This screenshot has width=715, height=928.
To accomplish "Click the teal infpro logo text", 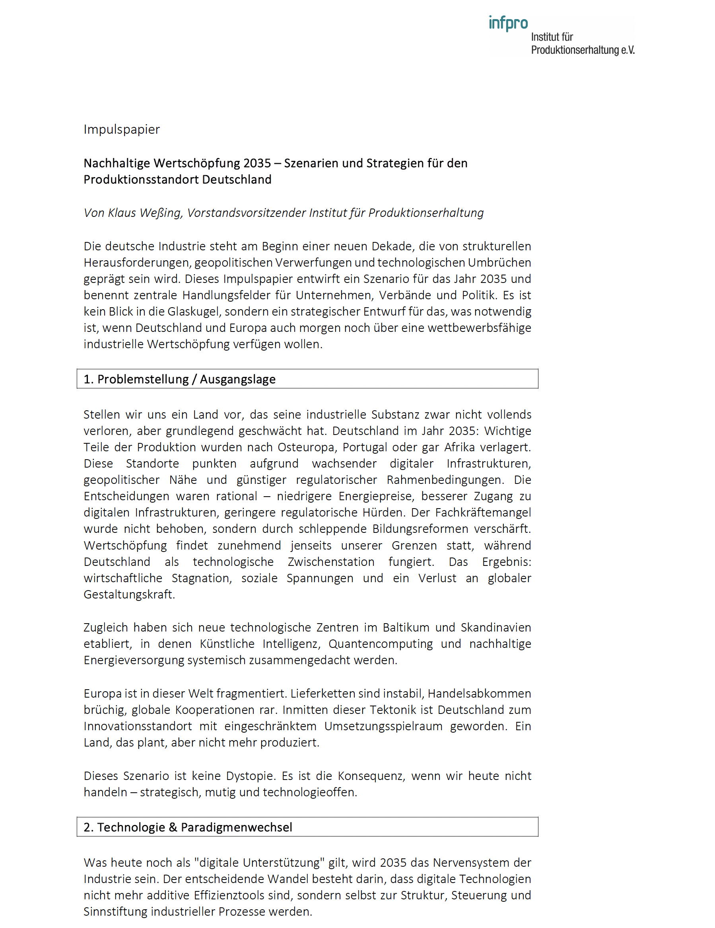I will [508, 23].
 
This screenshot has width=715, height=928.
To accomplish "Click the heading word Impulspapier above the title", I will [121, 129].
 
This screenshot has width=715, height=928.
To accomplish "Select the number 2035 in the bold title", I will [257, 163].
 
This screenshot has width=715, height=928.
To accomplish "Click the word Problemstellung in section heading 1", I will [143, 379].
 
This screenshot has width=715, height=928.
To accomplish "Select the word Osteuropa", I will [305, 447].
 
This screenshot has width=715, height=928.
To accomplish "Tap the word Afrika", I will [459, 447].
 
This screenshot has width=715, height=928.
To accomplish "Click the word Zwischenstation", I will [331, 562].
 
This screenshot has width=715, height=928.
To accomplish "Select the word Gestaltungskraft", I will [129, 595].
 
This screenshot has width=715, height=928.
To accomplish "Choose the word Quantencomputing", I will [381, 644].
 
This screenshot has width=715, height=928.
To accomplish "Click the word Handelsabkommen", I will [479, 694].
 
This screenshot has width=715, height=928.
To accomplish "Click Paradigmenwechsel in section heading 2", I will [237, 827].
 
